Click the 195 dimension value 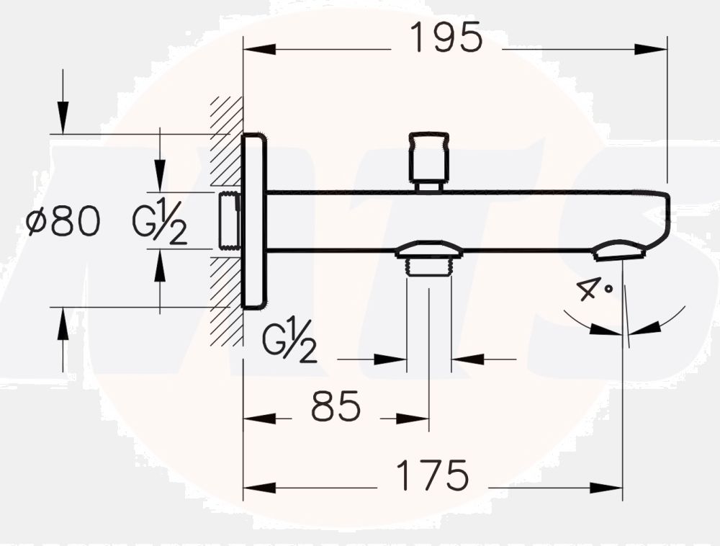446,38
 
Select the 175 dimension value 433,475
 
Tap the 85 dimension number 336,408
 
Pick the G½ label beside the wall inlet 160,223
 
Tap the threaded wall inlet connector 229,220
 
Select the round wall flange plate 254,221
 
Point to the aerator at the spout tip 617,251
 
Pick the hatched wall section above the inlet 226,140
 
